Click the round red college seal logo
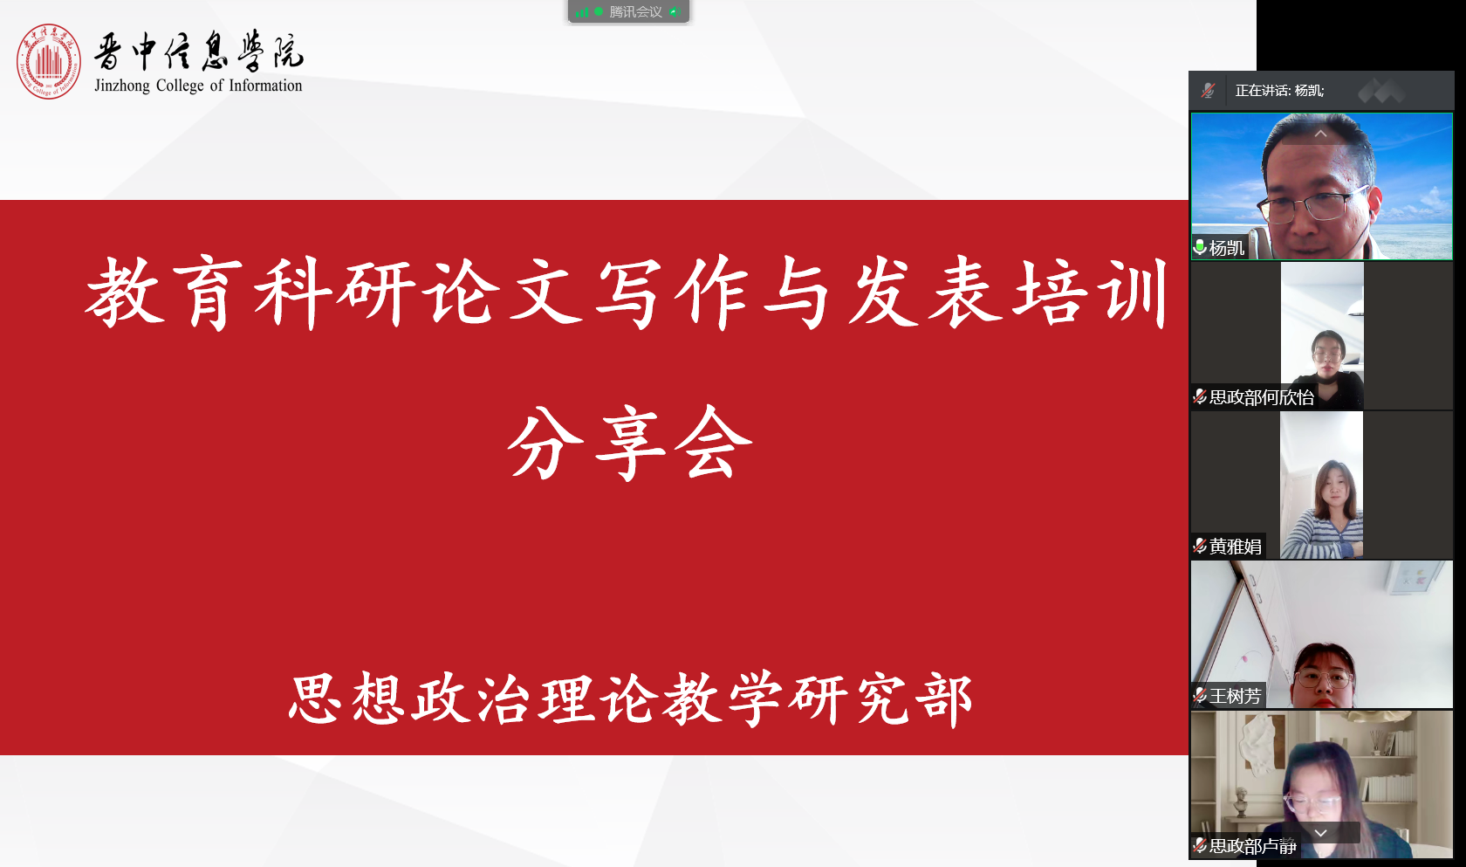(x=48, y=61)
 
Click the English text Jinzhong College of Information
(x=198, y=86)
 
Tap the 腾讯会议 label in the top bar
(x=635, y=11)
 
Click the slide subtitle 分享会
(x=629, y=443)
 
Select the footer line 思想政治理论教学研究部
(x=630, y=698)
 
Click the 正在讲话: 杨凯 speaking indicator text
(x=1279, y=91)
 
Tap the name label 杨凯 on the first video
(x=1227, y=248)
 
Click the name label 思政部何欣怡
(x=1261, y=397)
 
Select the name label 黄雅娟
(x=1235, y=547)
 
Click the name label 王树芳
(x=1235, y=696)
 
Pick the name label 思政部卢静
(x=1252, y=845)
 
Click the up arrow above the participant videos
(x=1320, y=134)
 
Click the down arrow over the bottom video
(x=1320, y=833)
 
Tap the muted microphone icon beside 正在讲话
(x=1208, y=91)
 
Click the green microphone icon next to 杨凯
(x=1200, y=247)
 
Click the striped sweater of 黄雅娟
(x=1326, y=533)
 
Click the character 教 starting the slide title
(x=126, y=292)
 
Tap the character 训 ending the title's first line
(x=1137, y=292)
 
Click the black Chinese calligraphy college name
(x=199, y=51)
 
